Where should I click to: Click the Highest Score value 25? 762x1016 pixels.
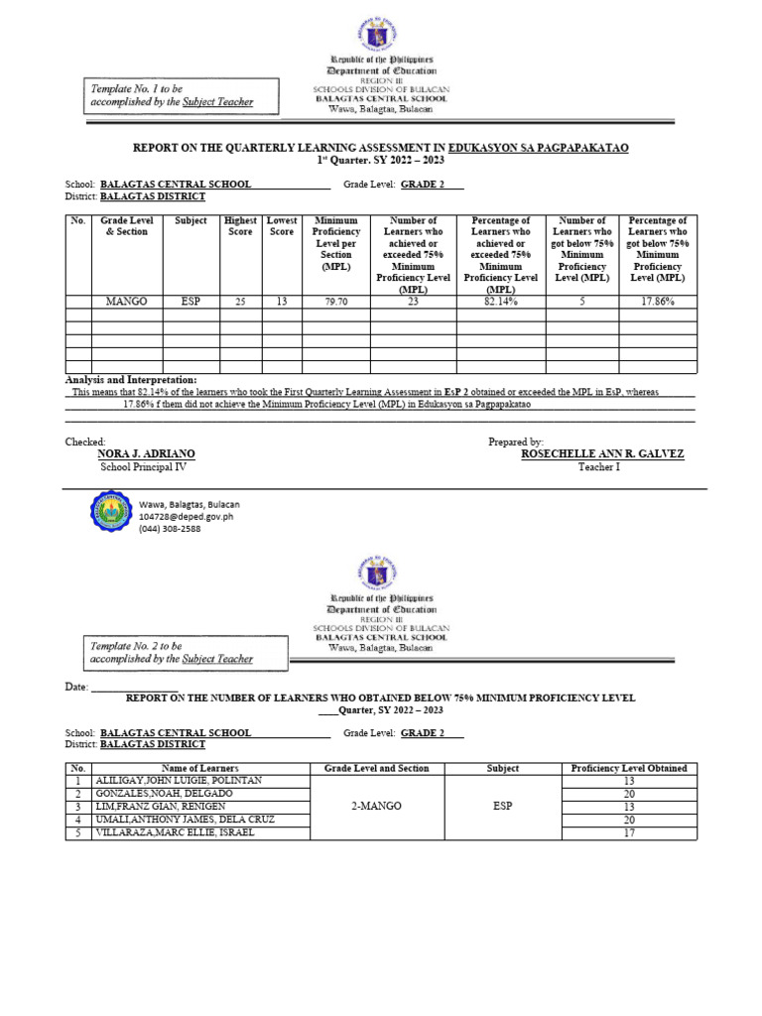click(240, 301)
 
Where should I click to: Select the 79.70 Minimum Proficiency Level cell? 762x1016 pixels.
click(336, 301)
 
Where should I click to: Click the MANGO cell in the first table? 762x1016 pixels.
click(126, 301)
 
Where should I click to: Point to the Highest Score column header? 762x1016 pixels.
click(240, 226)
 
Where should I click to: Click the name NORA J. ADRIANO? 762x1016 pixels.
click(146, 453)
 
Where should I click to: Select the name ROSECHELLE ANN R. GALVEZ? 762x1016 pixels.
click(601, 453)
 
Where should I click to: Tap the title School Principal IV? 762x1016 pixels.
click(143, 466)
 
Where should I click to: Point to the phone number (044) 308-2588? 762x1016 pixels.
click(170, 529)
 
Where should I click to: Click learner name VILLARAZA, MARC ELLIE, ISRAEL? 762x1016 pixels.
click(175, 832)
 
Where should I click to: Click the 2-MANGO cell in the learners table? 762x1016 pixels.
click(376, 807)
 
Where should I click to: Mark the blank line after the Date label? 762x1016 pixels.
click(135, 687)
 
